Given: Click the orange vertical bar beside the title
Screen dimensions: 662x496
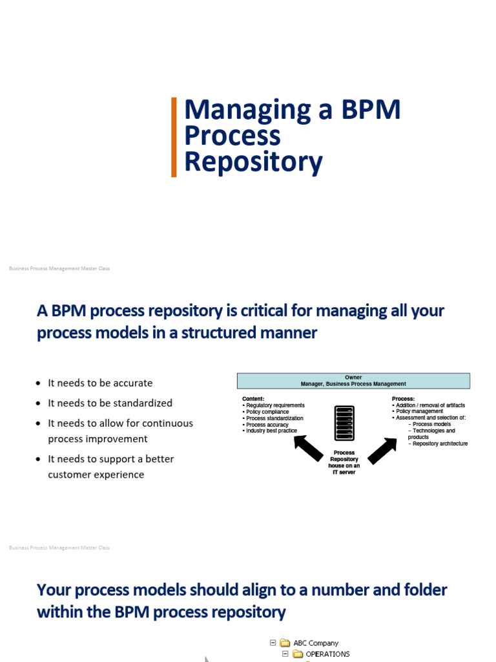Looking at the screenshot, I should coord(174,137).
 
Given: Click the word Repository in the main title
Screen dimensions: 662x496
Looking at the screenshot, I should coord(253,162).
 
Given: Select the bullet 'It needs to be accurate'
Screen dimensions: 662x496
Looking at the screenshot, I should coord(100,383).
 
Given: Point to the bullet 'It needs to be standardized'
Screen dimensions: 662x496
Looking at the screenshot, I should coord(110,403).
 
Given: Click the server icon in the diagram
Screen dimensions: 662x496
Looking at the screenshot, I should coord(344,424).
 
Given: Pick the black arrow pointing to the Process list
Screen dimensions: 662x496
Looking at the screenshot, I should coord(382,450).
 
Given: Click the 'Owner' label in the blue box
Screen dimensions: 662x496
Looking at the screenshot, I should coord(353,378).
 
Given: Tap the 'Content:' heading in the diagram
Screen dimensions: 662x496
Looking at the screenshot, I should coord(253,399).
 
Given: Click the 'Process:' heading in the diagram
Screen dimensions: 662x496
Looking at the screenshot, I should coord(403,399).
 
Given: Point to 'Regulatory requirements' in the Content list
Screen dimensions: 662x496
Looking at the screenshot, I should coord(275,405).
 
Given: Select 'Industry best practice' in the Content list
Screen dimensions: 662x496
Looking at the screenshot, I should coord(271,431).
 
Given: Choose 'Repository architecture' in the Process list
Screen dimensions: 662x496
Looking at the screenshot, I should coord(440,443).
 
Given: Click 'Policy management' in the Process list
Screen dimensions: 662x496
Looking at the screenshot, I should coord(419,412).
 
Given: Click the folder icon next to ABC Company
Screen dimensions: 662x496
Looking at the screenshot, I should coord(285,643).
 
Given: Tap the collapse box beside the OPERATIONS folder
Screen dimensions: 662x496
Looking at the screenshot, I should coord(285,654).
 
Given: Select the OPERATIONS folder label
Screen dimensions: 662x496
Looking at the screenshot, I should coord(327,654).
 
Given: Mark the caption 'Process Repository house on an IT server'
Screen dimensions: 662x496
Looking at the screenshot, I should coord(344,462).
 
